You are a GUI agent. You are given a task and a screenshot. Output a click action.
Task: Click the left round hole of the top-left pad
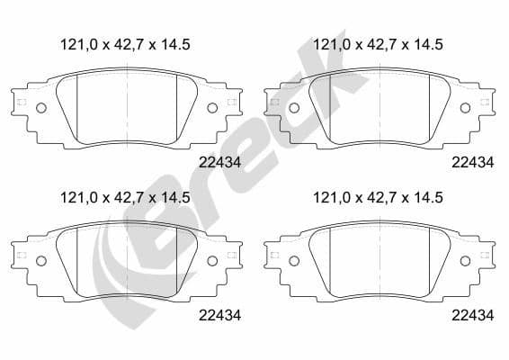(x=40, y=109)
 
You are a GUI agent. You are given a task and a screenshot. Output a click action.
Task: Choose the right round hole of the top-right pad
(x=465, y=109)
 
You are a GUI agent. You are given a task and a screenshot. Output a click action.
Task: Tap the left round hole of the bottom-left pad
(x=40, y=260)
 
